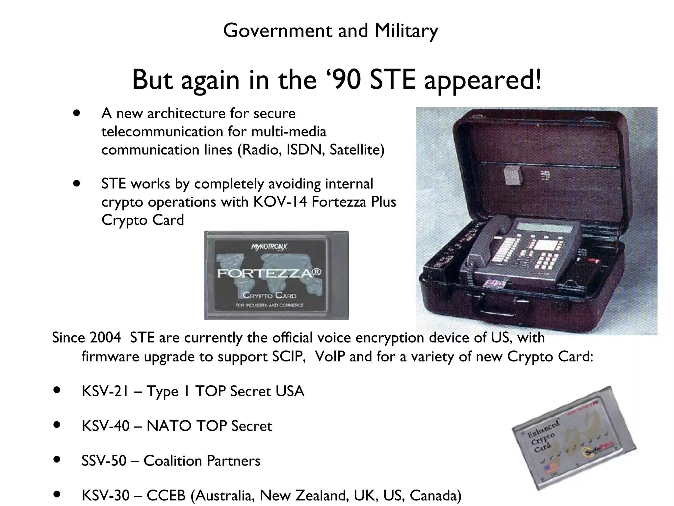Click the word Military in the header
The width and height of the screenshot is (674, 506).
(x=406, y=31)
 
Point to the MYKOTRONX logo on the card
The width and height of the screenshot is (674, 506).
(x=269, y=247)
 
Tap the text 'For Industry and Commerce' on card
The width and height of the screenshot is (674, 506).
(x=269, y=305)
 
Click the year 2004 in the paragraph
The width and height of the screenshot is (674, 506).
(x=105, y=338)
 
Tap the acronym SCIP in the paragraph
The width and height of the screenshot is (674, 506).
(x=288, y=357)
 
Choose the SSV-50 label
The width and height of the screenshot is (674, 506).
(x=104, y=461)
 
